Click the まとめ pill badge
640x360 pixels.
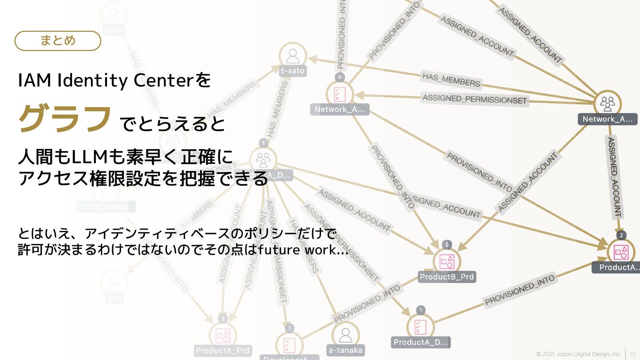tap(58, 41)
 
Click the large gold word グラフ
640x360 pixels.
tap(65, 118)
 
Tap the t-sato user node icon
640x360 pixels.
tap(293, 56)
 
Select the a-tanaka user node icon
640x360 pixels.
tap(346, 335)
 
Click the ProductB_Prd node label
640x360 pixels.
tap(447, 277)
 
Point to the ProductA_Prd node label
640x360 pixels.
tap(222, 351)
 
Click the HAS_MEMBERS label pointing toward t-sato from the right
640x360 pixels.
tap(451, 79)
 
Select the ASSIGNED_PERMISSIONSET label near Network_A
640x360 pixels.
tap(475, 99)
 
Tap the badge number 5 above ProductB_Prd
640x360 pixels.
tap(447, 245)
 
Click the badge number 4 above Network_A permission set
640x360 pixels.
tap(340, 77)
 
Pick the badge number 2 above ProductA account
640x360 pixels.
tap(621, 235)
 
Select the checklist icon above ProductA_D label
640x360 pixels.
tap(420, 327)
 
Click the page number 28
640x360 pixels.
tap(632, 355)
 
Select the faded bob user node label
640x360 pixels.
tap(114, 298)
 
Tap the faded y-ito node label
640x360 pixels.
tap(114, 30)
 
